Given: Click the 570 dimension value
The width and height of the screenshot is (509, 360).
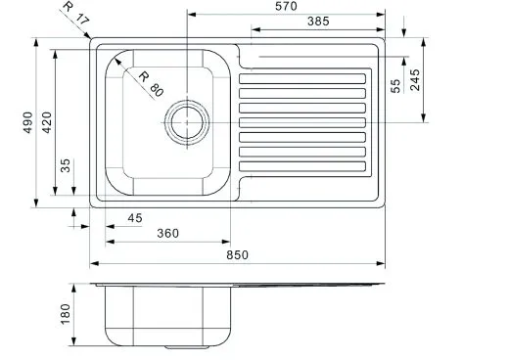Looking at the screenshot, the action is click(x=286, y=6).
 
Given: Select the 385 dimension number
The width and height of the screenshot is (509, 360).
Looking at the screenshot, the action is click(x=318, y=22).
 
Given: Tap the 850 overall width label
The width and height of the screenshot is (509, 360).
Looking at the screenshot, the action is click(x=237, y=255).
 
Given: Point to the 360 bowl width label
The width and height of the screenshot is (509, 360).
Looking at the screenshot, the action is click(x=167, y=234).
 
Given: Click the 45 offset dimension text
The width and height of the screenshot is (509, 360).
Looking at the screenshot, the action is click(x=135, y=218).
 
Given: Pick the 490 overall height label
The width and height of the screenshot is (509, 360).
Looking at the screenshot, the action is click(x=28, y=122).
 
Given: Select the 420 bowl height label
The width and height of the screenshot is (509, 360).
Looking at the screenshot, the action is click(x=47, y=122).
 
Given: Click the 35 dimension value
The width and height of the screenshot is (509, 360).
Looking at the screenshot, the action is click(x=66, y=165).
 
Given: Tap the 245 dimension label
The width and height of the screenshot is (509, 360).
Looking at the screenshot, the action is click(x=415, y=80).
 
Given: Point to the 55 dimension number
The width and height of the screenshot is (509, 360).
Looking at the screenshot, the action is click(x=395, y=86).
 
